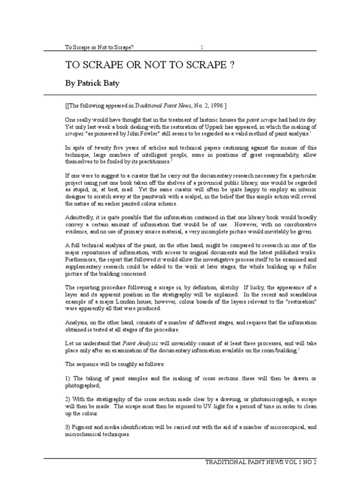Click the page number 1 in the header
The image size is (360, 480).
(202, 47)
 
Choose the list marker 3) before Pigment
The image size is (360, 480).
(68, 427)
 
